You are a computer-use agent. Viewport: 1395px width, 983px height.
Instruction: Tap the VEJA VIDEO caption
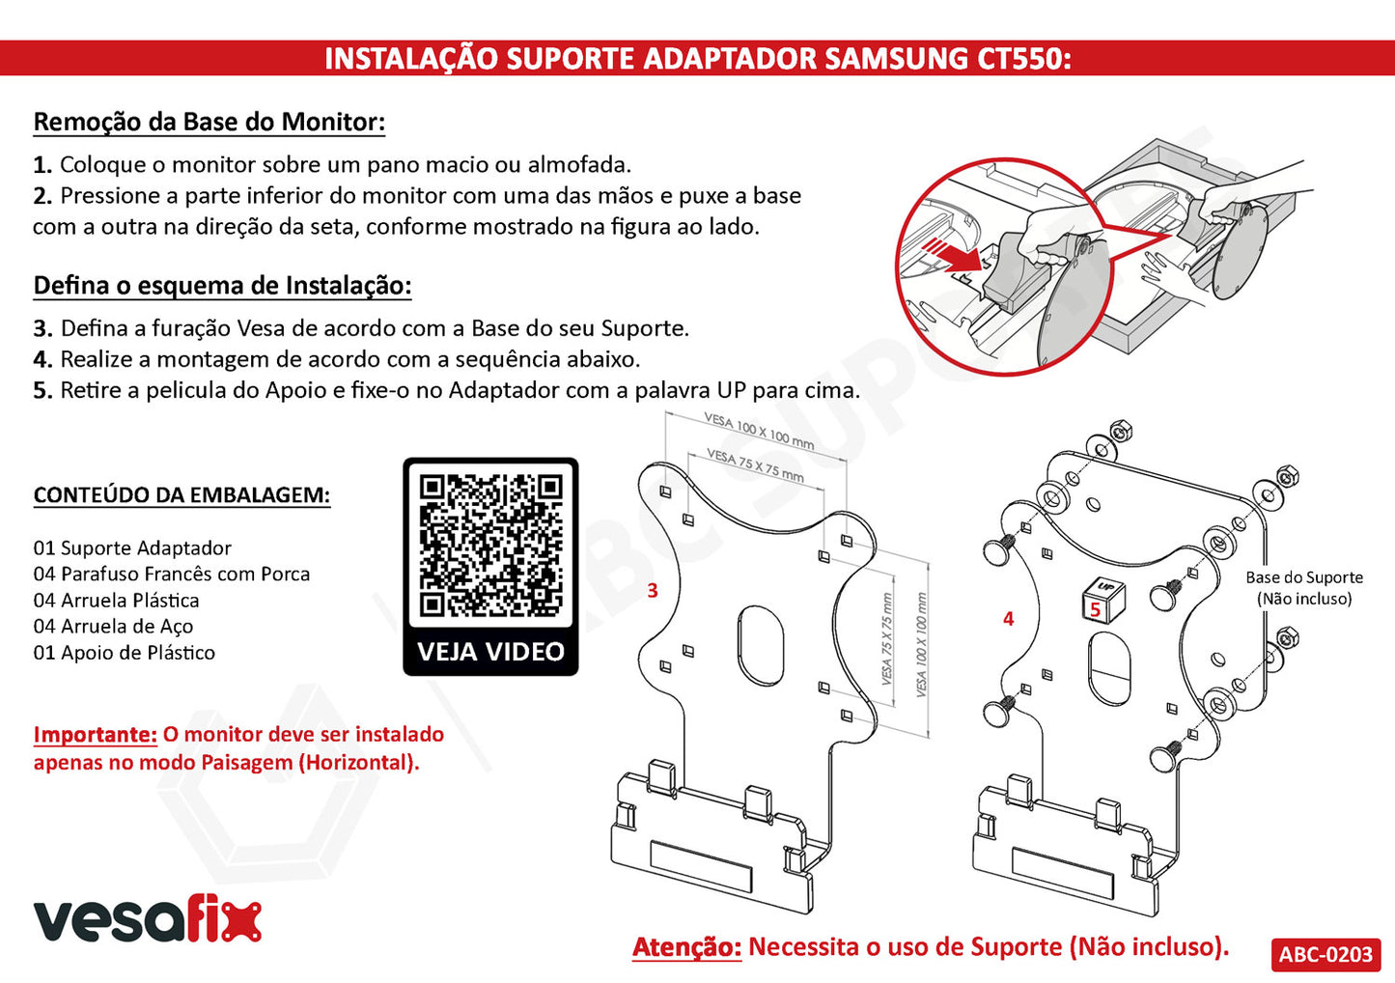tap(490, 652)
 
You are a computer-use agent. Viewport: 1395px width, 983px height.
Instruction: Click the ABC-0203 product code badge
tap(1325, 954)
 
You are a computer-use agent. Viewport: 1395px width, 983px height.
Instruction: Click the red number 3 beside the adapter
tap(653, 590)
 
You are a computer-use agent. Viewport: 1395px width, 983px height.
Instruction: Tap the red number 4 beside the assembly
tap(1008, 619)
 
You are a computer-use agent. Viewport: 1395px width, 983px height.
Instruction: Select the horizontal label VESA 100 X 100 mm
tap(759, 431)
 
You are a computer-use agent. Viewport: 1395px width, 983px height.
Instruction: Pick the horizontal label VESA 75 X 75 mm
tap(755, 464)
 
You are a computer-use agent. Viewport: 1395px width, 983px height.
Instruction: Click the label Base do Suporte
tap(1304, 576)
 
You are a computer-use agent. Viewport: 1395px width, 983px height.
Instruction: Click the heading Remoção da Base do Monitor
tap(209, 122)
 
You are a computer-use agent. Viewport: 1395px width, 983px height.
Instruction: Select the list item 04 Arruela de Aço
tap(113, 626)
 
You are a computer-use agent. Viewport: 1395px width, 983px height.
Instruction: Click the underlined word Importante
tap(96, 734)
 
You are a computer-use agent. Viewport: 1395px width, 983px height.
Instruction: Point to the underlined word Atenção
tap(687, 947)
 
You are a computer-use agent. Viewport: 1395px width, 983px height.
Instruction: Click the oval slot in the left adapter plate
tap(761, 645)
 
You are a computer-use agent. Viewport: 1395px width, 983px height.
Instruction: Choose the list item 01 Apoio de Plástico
tap(124, 652)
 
